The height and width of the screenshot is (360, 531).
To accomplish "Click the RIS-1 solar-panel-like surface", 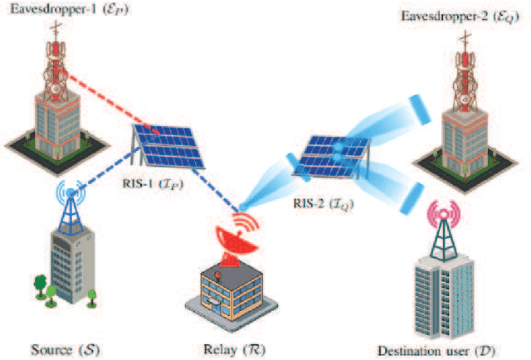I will (x=171, y=141).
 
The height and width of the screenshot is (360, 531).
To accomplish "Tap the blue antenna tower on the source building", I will (x=71, y=207).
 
